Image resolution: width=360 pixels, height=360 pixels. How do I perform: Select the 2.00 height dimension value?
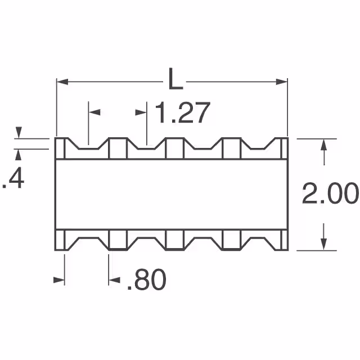[330, 195]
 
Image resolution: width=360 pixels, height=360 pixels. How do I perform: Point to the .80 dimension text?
[146, 280]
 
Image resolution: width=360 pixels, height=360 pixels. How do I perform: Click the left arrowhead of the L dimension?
[61, 82]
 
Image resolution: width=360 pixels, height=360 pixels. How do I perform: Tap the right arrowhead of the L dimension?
[283, 82]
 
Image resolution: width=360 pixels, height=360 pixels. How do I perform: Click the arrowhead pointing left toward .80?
[114, 280]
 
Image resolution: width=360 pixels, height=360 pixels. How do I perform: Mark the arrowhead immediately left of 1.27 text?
[142, 113]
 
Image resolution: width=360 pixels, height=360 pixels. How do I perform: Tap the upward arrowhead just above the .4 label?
[18, 153]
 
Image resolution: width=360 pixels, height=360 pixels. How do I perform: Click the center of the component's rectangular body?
[172, 195]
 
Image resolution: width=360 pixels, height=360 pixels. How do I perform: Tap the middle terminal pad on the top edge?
[174, 148]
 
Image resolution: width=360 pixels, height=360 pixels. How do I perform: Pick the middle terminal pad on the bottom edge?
[174, 241]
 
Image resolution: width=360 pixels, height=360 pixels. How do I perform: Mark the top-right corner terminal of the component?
[283, 148]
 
